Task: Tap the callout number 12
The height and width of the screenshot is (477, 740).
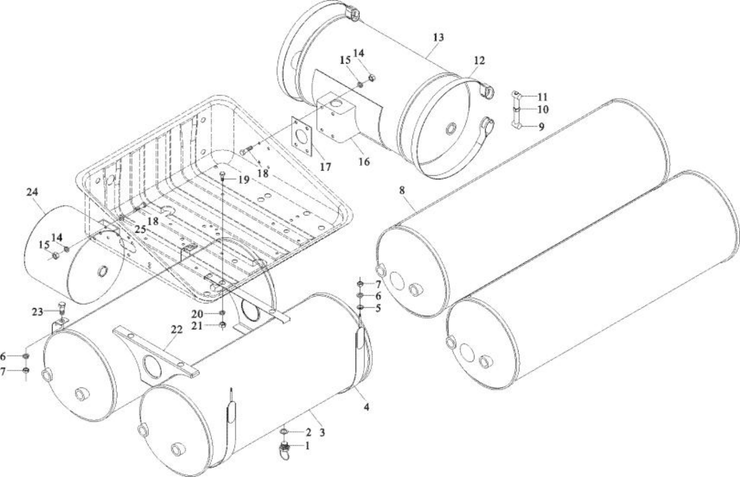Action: point(479,60)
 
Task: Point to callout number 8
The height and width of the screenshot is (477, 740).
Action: point(402,190)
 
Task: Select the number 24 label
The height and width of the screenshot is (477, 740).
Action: point(32,192)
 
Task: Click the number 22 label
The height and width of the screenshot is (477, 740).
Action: point(176,330)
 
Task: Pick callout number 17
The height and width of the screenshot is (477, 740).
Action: point(325,167)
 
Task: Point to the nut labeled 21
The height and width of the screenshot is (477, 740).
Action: point(222,325)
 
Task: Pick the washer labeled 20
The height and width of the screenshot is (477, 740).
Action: point(222,313)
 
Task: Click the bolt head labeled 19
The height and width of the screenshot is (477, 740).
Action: point(223,174)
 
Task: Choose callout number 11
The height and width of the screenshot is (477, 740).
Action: point(542,97)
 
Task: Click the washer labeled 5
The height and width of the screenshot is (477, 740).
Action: point(360,307)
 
